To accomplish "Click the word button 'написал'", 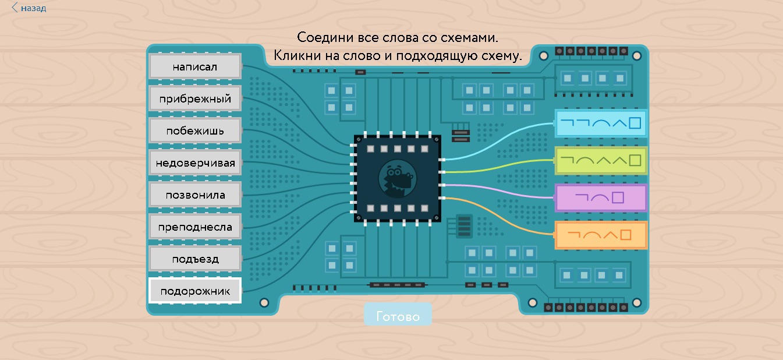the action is pos(195,66).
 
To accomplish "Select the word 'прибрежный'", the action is pos(195,98).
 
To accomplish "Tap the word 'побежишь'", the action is pos(195,130).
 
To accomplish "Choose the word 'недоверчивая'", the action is pos(195,163).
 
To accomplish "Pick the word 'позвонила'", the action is pos(195,195).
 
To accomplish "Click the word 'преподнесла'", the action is pos(195,227).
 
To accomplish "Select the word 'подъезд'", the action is pos(195,259).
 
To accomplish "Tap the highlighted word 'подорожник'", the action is pos(195,290).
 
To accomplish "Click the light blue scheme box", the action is pos(601,123).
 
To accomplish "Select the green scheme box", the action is pos(601,161).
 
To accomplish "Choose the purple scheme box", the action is pos(601,197).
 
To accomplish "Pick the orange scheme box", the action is pos(601,235).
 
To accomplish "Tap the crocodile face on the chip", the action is pos(398,178).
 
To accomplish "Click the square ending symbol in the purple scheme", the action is pos(618,197).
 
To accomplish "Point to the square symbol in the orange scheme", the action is pos(626,235).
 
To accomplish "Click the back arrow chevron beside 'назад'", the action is pos(15,8).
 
